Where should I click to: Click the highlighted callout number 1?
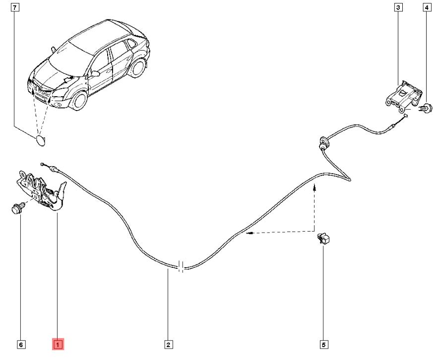tap(58, 344)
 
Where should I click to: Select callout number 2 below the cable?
tap(168, 344)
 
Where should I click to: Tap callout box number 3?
tap(398, 7)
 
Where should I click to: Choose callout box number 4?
tap(426, 7)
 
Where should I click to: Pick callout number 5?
tap(324, 344)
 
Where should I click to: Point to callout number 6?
tap(20, 344)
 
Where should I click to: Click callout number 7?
tap(15, 7)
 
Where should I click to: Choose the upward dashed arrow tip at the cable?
tap(314, 186)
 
